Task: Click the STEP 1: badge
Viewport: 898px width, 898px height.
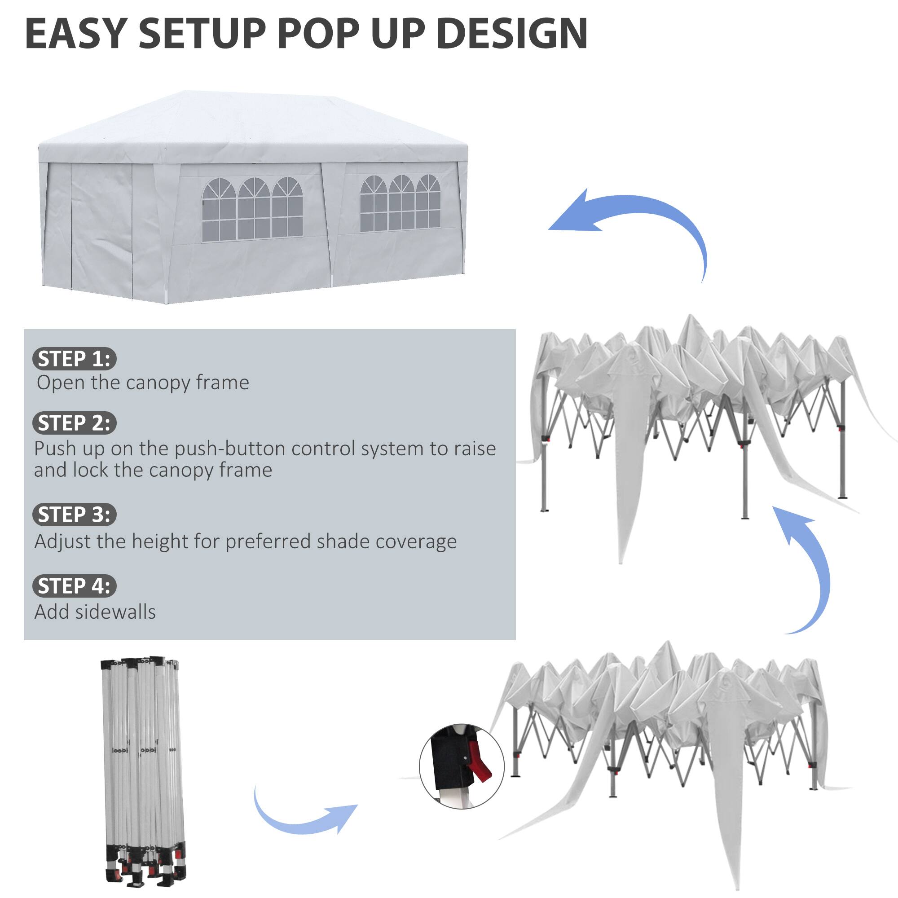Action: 74,359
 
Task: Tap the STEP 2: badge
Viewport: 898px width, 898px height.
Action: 74,423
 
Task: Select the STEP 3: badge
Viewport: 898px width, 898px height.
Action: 74,515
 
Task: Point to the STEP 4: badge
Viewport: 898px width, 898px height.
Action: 74,585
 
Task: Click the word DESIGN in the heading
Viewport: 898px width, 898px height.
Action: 512,34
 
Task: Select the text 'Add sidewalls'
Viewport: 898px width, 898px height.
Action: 95,612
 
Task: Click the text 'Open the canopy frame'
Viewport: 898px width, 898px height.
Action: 143,383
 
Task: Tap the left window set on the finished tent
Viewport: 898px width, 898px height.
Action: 252,209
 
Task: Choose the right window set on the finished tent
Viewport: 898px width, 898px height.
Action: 400,204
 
